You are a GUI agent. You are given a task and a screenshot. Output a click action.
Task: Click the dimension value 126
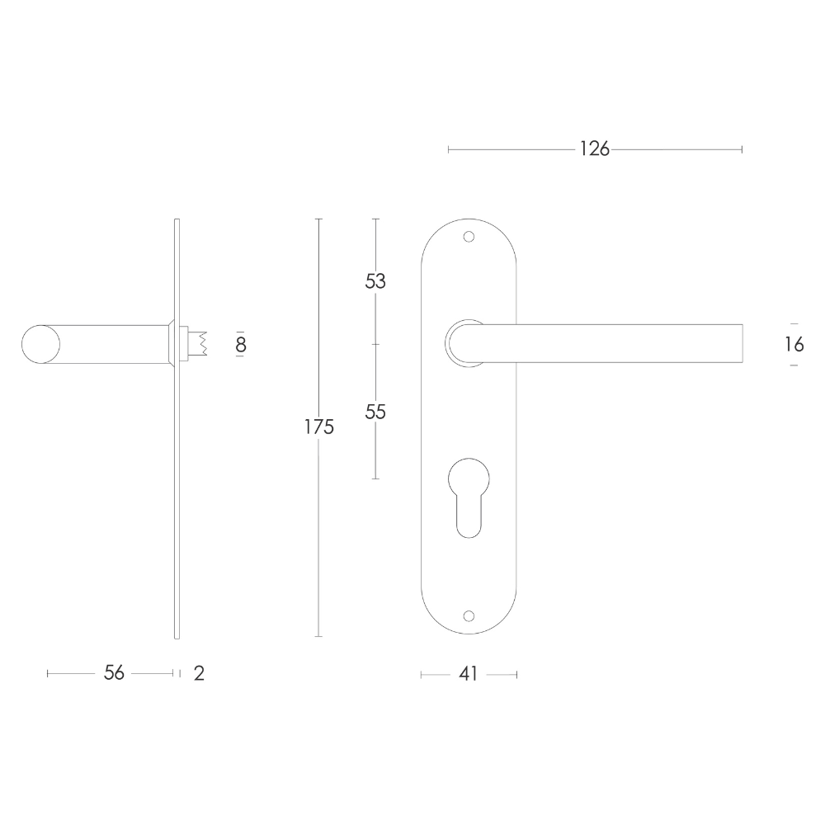click(x=595, y=149)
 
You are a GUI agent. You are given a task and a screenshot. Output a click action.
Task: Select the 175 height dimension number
click(x=319, y=427)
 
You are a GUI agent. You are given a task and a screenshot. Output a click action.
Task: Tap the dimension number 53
click(x=375, y=281)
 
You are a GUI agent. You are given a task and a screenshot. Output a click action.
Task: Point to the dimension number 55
click(x=375, y=412)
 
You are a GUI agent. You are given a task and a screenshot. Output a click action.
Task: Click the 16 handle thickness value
click(x=794, y=345)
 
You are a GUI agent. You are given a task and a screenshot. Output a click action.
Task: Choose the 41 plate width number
click(x=469, y=674)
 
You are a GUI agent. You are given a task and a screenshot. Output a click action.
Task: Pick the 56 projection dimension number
click(x=114, y=673)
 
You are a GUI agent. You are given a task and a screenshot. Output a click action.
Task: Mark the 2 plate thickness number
click(x=199, y=673)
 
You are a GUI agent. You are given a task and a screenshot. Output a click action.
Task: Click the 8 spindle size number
click(x=241, y=345)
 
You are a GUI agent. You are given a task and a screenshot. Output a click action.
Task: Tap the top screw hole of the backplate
click(x=469, y=237)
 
